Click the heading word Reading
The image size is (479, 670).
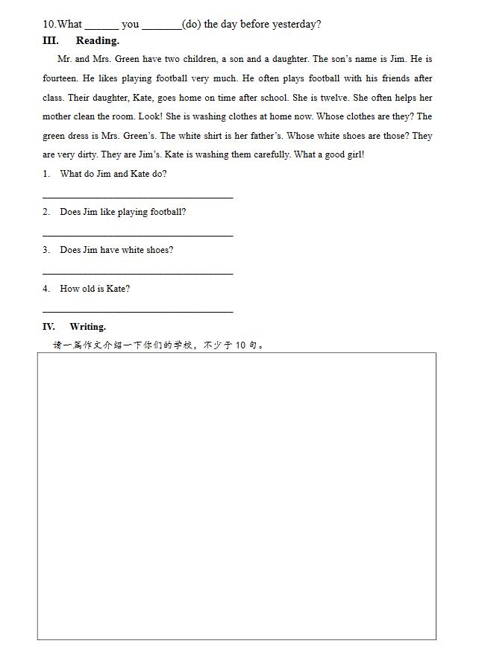point(97,41)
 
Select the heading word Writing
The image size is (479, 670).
point(87,327)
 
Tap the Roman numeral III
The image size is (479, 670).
point(51,41)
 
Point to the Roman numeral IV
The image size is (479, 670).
point(48,327)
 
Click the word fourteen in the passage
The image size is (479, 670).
point(60,78)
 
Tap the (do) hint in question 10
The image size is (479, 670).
point(191,24)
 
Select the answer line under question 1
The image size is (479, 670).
point(138,197)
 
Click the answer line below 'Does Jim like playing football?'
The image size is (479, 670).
point(138,235)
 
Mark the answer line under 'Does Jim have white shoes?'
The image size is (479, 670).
point(138,273)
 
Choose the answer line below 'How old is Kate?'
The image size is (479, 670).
point(138,311)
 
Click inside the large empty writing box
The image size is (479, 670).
point(237,495)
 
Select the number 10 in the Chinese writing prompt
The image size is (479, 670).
point(240,345)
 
